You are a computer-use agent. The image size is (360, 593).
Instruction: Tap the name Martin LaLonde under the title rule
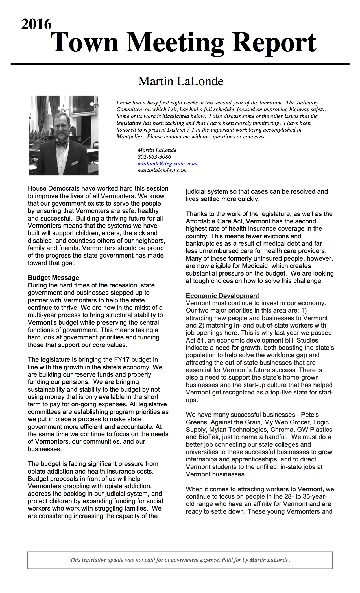(181, 81)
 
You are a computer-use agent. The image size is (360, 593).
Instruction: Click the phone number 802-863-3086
(154, 157)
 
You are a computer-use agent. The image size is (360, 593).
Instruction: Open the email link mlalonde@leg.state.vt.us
(167, 163)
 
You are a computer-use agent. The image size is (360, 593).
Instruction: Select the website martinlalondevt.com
(162, 170)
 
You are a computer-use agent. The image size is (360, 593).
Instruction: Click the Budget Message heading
(53, 278)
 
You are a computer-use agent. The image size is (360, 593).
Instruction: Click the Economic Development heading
(222, 296)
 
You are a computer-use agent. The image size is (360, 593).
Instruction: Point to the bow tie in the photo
(62, 144)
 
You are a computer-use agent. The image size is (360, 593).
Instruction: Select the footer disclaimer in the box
(180, 560)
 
